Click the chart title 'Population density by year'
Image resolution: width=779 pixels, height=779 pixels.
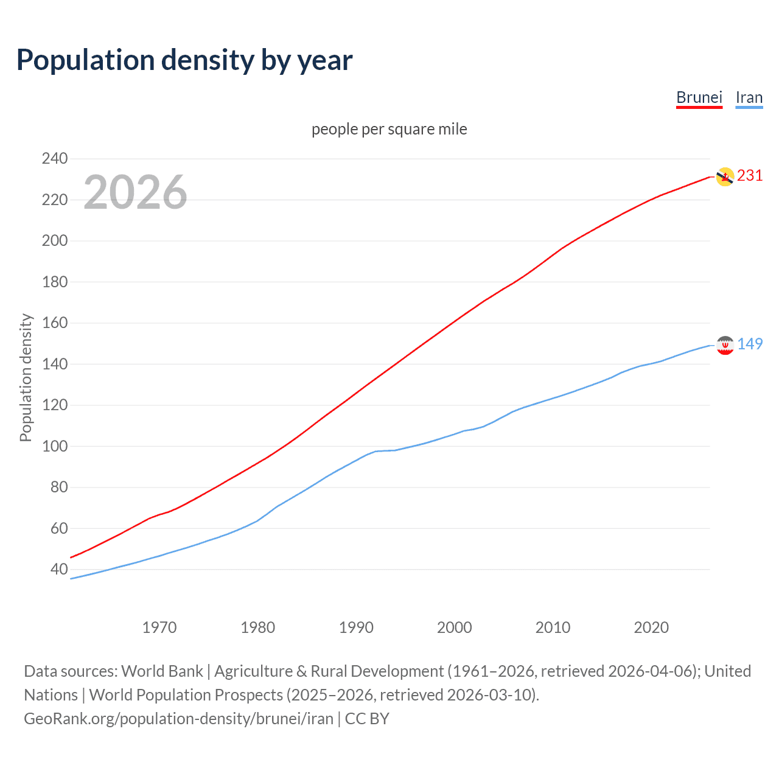pos(184,60)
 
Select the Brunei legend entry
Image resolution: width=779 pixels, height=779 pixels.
pos(699,97)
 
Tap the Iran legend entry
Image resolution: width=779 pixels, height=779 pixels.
pos(749,97)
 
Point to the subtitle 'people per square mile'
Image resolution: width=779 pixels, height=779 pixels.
pos(389,129)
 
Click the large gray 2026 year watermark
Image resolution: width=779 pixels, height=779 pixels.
pos(135,192)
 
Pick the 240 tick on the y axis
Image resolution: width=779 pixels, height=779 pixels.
pos(55,159)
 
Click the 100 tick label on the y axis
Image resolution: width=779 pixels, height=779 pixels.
pos(55,446)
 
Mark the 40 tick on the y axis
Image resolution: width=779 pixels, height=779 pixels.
pos(59,570)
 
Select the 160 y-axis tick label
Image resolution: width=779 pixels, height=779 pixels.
pos(55,323)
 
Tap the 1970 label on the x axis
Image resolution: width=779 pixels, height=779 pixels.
pos(159,627)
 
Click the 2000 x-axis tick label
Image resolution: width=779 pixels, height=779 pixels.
pos(454,627)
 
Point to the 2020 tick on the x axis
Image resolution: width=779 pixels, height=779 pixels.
pos(651,627)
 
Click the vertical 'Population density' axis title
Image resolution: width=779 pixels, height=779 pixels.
pos(26,377)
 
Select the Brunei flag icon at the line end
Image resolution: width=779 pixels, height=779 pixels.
pos(724,176)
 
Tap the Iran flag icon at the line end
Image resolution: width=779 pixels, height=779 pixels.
pos(724,345)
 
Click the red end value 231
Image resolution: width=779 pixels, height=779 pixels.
pos(749,176)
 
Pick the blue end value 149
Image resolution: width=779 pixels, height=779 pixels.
pos(749,344)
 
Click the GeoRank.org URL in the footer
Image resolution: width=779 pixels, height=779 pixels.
pos(178,719)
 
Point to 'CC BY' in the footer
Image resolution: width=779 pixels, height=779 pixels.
pos(367,719)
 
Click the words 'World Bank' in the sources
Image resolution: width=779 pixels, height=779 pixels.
pos(162,671)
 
